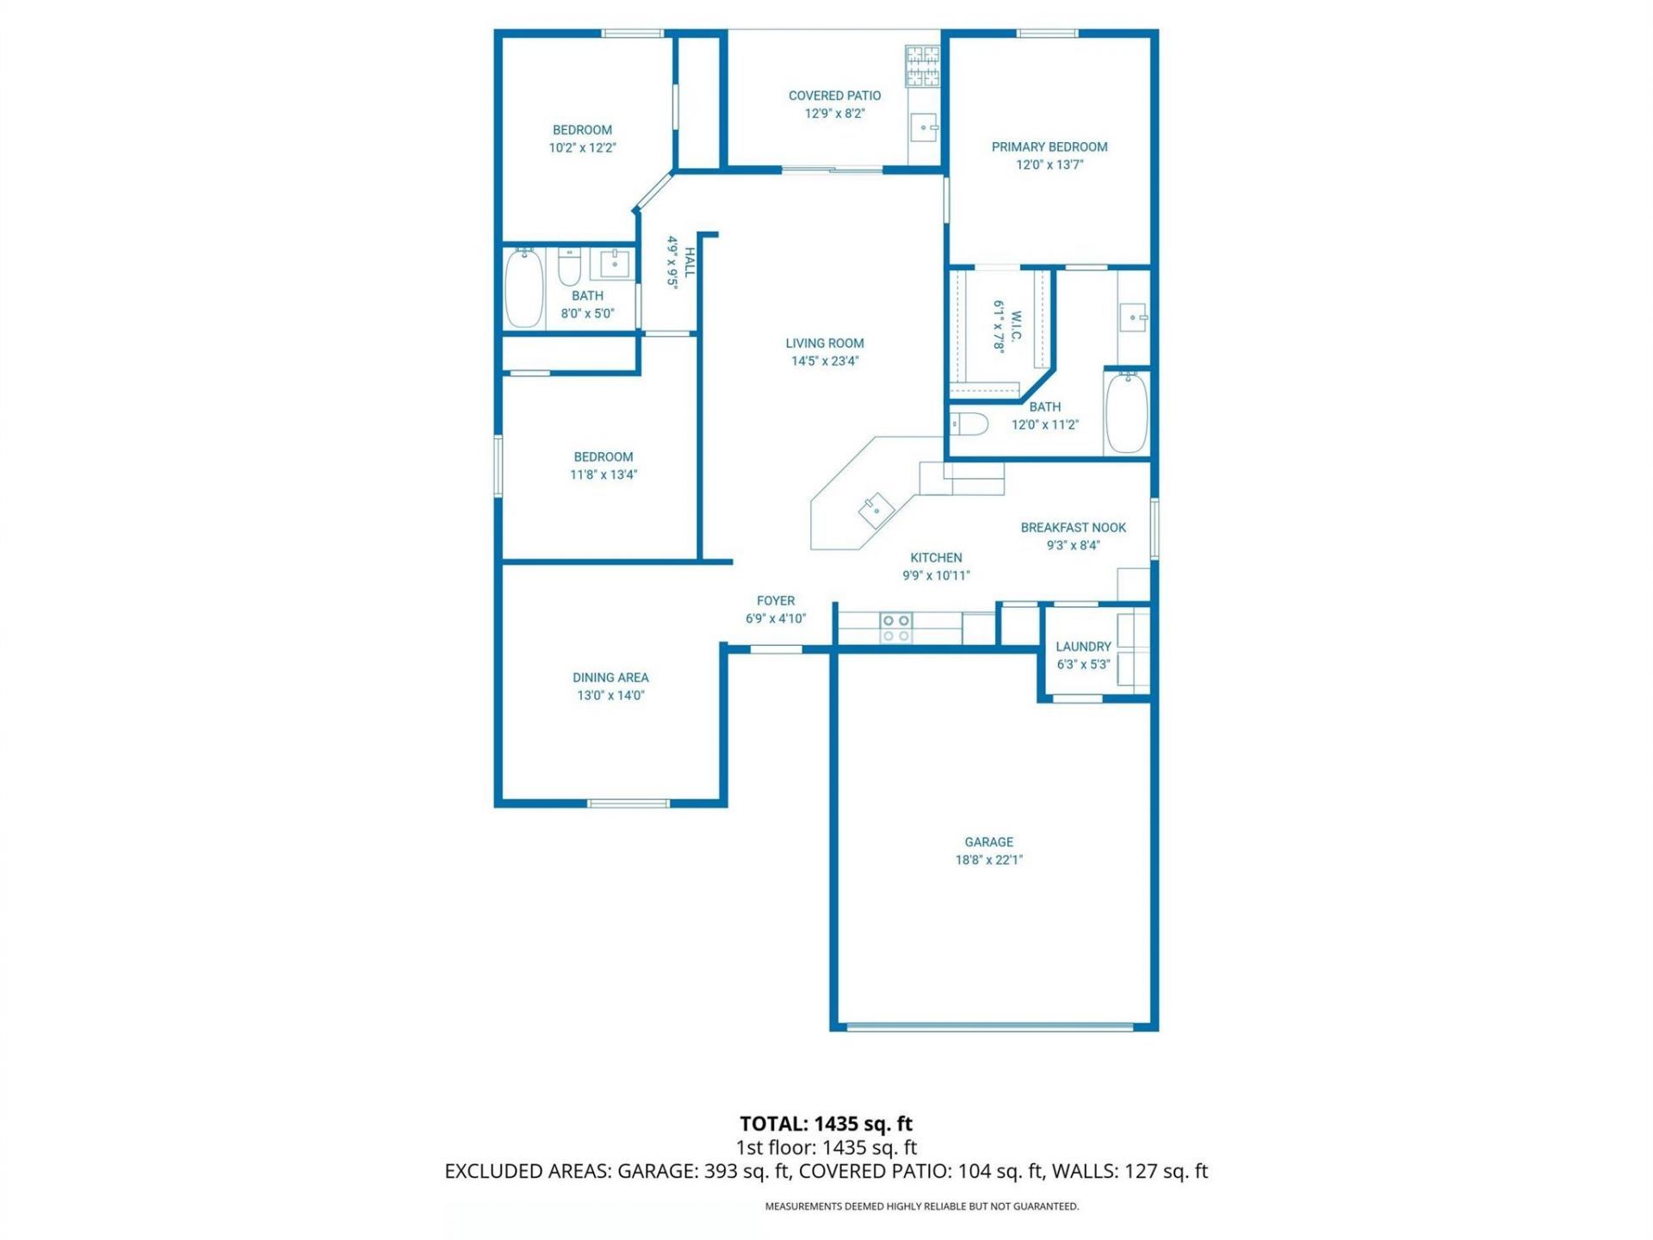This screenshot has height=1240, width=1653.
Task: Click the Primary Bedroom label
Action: (1049, 147)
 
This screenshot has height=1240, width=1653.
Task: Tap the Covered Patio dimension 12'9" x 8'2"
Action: (834, 114)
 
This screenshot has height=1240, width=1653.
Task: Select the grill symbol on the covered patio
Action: (922, 66)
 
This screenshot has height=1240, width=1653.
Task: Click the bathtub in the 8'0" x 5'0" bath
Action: (523, 288)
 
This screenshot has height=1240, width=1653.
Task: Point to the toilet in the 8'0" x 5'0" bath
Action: (569, 267)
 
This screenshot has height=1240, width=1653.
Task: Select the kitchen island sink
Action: (876, 510)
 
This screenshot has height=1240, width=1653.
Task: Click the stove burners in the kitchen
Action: (895, 628)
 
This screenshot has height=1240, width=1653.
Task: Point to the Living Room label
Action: (824, 344)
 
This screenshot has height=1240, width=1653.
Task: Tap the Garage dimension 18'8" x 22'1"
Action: (988, 859)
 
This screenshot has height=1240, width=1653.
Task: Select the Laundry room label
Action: (1083, 647)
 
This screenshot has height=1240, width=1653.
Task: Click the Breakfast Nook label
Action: (1073, 528)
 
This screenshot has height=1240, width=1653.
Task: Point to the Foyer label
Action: (775, 601)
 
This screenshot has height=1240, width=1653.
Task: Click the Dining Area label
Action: (610, 678)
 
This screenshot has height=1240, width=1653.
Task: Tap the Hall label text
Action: (690, 262)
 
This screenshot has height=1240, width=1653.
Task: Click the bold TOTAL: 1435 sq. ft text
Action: (826, 1124)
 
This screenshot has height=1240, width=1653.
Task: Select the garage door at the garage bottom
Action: (989, 1026)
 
